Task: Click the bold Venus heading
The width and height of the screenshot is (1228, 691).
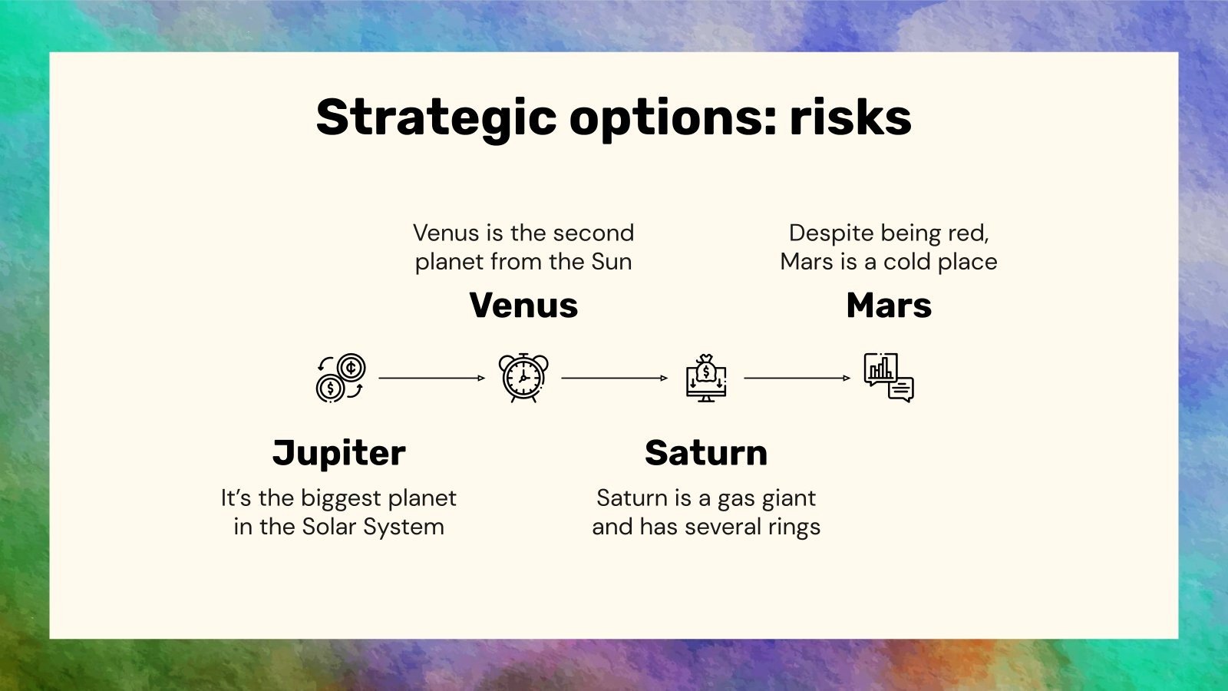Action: (x=523, y=306)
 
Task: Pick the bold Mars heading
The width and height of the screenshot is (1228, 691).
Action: (x=889, y=306)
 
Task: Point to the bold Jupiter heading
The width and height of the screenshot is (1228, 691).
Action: (x=338, y=454)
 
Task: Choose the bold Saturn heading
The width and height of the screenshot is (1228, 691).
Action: (x=706, y=453)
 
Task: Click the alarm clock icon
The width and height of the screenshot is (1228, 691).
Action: (x=523, y=378)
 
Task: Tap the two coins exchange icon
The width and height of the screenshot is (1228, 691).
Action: (x=341, y=378)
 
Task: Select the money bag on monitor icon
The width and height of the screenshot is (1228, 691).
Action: (x=706, y=378)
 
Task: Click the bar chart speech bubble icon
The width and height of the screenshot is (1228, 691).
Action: (x=889, y=378)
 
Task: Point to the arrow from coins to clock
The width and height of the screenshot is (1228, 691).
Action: (x=432, y=378)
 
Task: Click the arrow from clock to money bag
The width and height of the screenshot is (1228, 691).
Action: (x=615, y=378)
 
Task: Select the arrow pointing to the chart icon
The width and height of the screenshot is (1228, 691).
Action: (x=797, y=378)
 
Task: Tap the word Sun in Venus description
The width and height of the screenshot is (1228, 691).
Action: (x=611, y=262)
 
